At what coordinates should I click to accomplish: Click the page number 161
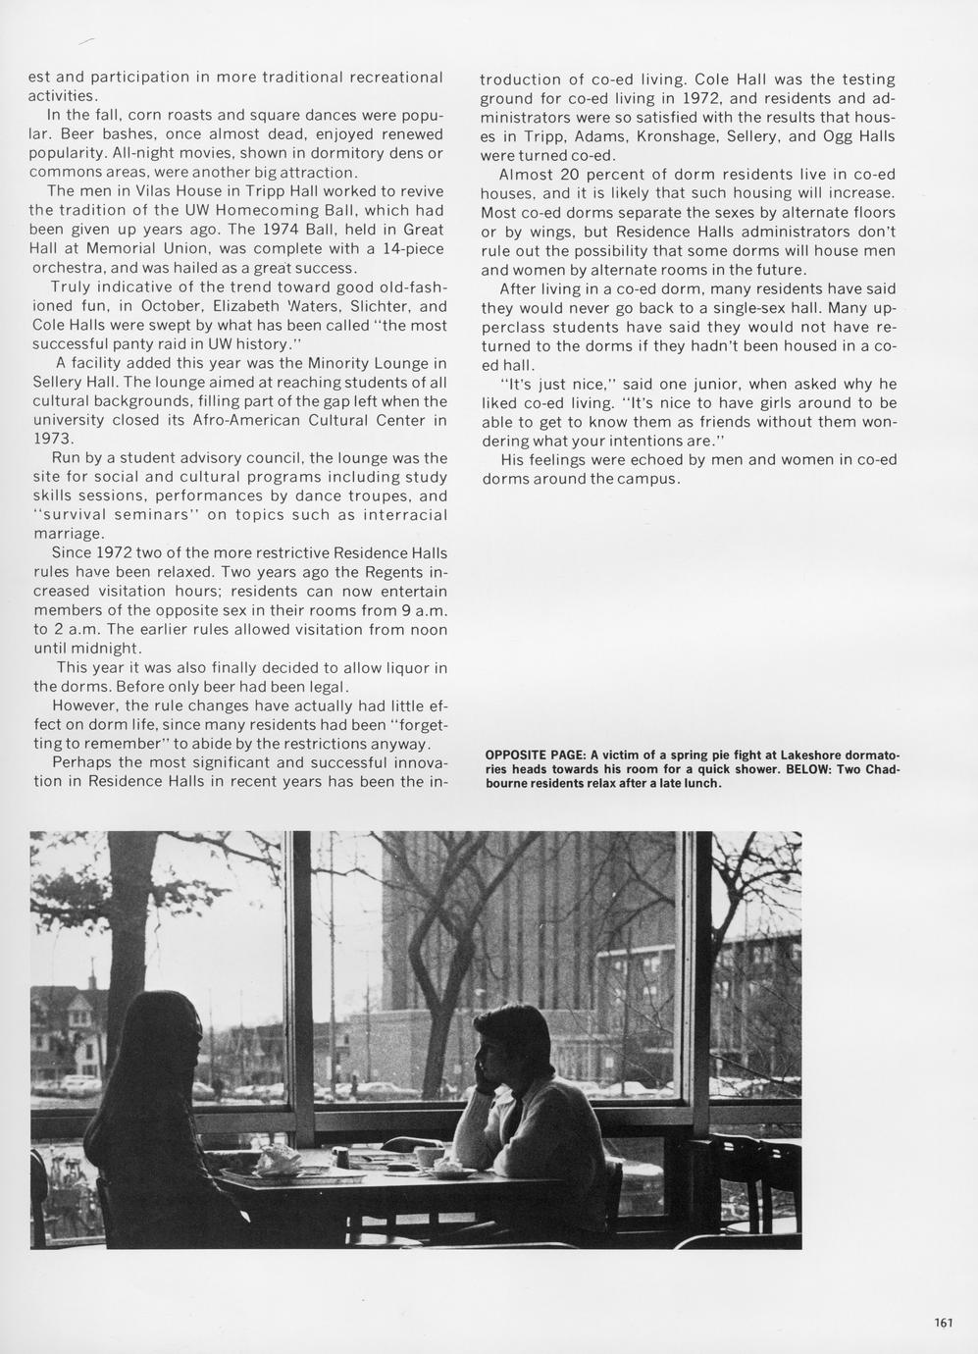click(943, 1322)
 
